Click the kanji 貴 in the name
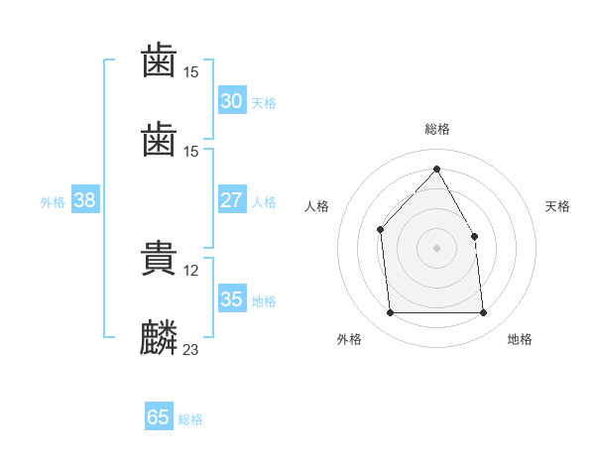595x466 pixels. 159,259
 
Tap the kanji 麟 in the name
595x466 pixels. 159,338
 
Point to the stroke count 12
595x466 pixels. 191,271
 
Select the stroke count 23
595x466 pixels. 191,350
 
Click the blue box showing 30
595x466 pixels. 231,101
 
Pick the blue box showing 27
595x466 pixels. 231,200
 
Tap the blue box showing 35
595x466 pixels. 231,299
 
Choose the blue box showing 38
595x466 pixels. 85,200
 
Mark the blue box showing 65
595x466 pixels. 158,417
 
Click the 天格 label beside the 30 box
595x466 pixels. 264,103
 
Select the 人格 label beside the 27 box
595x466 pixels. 264,202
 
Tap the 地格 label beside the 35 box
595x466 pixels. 264,301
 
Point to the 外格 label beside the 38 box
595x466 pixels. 53,202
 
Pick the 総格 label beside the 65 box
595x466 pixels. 190,419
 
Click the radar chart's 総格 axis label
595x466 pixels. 436,130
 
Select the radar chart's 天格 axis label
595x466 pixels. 557,206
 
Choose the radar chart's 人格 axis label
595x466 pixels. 316,206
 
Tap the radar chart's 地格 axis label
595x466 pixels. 520,340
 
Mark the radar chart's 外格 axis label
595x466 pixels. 349,340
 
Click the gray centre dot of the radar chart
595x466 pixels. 436,247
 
